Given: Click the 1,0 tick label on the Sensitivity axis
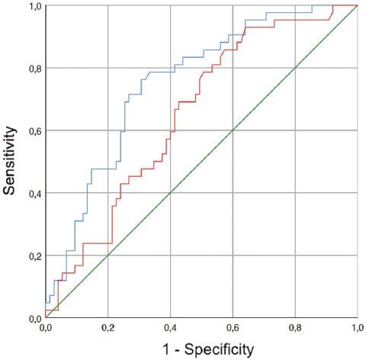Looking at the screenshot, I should (34, 7).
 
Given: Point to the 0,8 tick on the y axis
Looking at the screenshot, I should (34, 69).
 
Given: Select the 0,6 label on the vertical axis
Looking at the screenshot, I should (34, 131).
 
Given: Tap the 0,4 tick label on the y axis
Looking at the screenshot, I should (34, 194).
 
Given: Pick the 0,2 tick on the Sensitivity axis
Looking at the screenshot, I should (34, 256).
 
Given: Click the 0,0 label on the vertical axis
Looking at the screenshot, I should (34, 318).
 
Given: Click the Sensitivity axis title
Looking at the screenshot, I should (10, 162).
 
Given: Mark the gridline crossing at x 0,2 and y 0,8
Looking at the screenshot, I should (108, 68).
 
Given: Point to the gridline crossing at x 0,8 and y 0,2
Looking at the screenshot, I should (295, 256).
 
